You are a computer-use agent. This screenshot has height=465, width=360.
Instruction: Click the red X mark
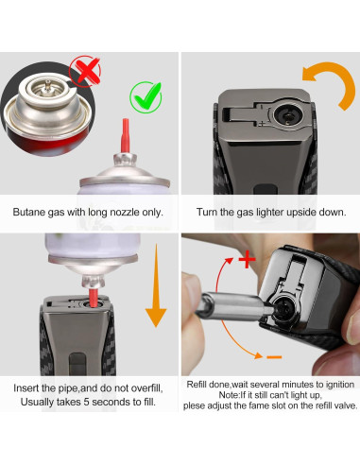pos(85,71)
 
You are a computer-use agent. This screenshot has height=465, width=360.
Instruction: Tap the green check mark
pos(146,96)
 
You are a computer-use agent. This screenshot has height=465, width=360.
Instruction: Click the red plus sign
pos(248,260)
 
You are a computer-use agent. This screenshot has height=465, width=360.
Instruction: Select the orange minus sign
pos(274,357)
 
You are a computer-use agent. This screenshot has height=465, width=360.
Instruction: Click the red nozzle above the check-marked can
pos(125,135)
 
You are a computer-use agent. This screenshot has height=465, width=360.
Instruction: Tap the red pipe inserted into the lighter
pos(93,298)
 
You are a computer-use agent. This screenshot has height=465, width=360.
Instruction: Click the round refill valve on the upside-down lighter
pos(287,116)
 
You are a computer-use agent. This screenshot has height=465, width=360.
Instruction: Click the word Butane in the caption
pos(29,212)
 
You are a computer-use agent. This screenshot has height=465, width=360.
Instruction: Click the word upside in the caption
pos(300,212)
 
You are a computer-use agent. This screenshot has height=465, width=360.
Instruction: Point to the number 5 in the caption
pos(86,402)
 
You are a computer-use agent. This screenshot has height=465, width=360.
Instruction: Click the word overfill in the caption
pos(146,388)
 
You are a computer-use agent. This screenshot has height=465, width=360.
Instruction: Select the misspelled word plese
pos(195,405)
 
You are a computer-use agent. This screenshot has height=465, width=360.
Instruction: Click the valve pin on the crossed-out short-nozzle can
pos(47,85)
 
